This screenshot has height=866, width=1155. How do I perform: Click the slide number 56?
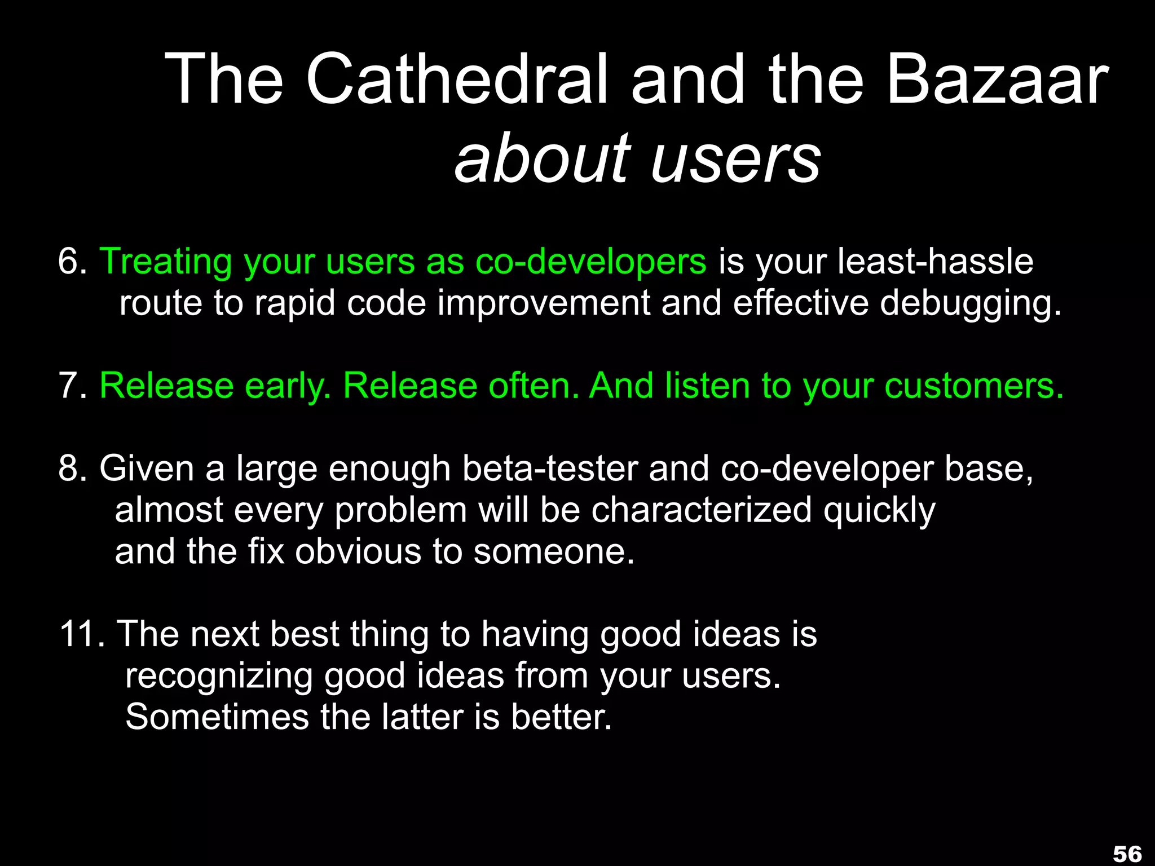point(1127,854)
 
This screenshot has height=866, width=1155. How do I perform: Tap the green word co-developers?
point(590,263)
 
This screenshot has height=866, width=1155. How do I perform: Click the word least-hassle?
point(935,262)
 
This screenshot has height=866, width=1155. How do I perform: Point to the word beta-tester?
point(550,469)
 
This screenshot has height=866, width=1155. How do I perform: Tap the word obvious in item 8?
point(358,551)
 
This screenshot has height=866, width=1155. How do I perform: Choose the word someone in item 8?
point(554,551)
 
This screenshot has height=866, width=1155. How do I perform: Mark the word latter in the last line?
point(422,717)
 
